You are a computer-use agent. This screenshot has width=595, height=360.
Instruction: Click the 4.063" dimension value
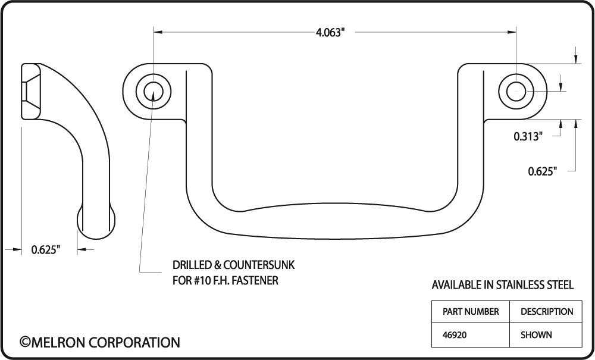(x=330, y=33)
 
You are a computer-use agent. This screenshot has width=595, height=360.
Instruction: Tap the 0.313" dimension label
(x=528, y=136)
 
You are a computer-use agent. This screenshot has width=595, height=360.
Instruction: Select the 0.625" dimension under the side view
(x=46, y=249)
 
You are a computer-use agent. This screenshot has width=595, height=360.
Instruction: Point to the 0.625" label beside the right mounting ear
(x=543, y=171)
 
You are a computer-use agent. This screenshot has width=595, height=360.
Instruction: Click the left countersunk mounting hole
(x=154, y=92)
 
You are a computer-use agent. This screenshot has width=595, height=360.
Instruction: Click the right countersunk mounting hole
(x=516, y=92)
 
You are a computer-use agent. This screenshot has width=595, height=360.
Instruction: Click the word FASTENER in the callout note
(x=255, y=281)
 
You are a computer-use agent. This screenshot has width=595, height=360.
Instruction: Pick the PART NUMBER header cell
(x=471, y=312)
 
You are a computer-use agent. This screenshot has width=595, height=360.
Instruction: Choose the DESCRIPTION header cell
(x=546, y=312)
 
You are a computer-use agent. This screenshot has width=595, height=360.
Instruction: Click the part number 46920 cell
(x=471, y=335)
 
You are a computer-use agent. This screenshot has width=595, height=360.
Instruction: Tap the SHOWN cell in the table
(x=546, y=335)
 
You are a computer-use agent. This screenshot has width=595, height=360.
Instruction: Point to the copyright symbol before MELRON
(x=24, y=342)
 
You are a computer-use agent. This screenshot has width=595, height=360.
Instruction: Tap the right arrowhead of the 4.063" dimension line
(x=512, y=32)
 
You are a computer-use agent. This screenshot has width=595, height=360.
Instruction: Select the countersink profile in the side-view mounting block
(x=30, y=92)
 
